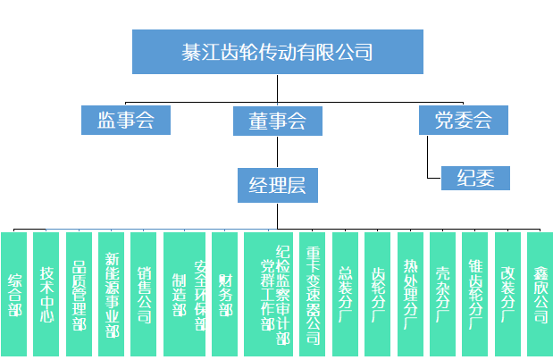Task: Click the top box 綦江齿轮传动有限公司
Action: coord(276,52)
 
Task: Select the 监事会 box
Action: coord(125,120)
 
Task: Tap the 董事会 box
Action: coord(277,121)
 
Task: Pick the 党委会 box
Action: coord(463,120)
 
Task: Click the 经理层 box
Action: coord(277,185)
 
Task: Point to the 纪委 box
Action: coord(475,178)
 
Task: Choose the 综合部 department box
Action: coord(14,295)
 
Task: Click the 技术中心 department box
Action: coord(46,295)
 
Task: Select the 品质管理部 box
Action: coord(79,295)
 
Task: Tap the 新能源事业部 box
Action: coord(111,295)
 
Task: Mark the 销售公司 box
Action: coord(143,295)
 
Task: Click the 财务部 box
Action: coord(225,295)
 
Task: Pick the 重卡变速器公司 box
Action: coord(313,295)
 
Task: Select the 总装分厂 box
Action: coord(345,295)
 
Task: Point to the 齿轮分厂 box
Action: coord(378,295)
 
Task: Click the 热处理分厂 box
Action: coord(410,295)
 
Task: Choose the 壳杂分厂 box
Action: coord(442,295)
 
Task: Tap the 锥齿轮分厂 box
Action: coord(475,295)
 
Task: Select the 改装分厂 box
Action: coord(507,295)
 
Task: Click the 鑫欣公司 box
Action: coord(540,295)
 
